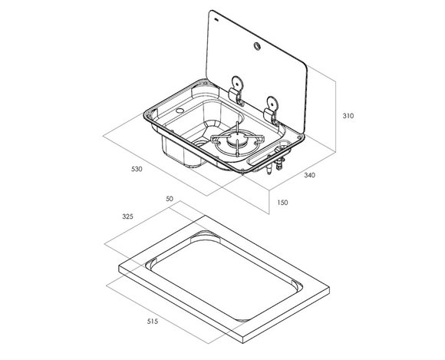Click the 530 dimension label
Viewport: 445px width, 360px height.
[x=137, y=169]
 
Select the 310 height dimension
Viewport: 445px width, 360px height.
[x=348, y=116]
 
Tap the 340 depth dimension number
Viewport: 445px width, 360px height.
[x=309, y=175]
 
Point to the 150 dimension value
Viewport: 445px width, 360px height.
[x=282, y=203]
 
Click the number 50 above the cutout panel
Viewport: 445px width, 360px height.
[x=170, y=199]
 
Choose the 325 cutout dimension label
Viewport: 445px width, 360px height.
[x=127, y=216]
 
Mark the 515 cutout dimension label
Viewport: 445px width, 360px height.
[x=153, y=322]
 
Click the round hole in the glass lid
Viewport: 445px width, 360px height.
[x=257, y=46]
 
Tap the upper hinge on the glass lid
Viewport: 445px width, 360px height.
[x=237, y=90]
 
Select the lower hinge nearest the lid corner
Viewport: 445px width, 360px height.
[x=272, y=111]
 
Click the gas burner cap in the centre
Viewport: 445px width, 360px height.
[x=236, y=139]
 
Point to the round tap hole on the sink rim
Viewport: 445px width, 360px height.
[x=180, y=111]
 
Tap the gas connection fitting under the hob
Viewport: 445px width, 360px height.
[x=274, y=163]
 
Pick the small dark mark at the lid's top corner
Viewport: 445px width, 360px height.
[x=216, y=20]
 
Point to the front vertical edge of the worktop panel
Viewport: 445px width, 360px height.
[x=243, y=339]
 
